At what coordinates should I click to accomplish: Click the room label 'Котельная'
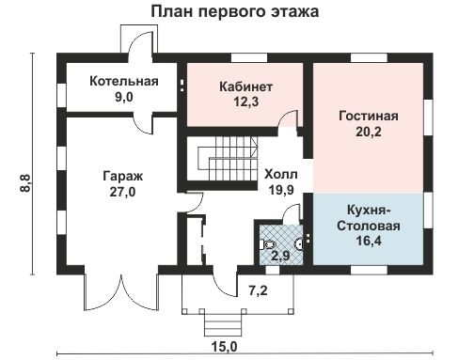[x=123, y=81]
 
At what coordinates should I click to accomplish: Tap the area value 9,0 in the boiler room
[x=123, y=96]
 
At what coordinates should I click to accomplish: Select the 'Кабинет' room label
[x=243, y=86]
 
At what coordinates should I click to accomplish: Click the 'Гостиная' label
[x=368, y=117]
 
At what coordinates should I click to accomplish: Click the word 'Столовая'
[x=370, y=227]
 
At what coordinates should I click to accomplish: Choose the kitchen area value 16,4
[x=370, y=243]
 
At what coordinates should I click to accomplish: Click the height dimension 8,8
[x=21, y=181]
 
